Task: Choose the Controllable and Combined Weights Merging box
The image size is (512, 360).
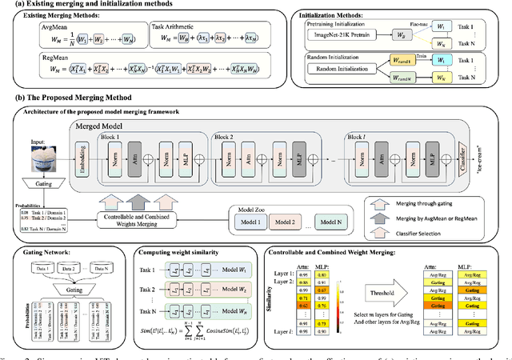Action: point(144,217)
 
